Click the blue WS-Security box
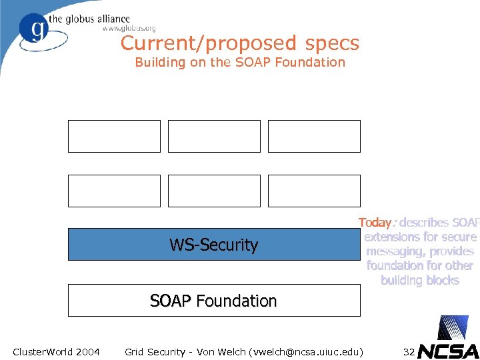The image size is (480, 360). tap(213, 245)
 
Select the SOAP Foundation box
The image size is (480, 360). tap(213, 301)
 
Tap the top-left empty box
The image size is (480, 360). tap(114, 136)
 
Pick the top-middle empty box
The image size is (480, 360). tap(214, 136)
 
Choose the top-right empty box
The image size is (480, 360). tap(314, 136)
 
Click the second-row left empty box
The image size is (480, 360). tap(114, 191)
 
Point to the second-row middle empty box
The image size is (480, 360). tap(214, 191)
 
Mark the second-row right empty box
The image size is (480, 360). tap(314, 191)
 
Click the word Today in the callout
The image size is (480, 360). tap(375, 223)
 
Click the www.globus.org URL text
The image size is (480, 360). tap(129, 29)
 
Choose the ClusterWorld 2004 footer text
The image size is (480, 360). tap(56, 351)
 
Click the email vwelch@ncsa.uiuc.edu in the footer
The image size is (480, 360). tap(305, 351)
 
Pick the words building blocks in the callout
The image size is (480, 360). tap(420, 280)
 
